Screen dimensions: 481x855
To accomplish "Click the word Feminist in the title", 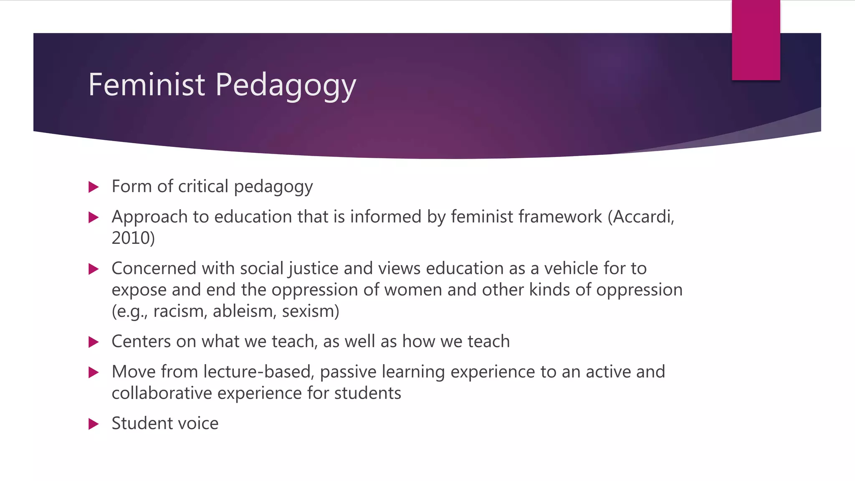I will point(147,85).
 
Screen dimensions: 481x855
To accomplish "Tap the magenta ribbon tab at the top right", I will point(756,40).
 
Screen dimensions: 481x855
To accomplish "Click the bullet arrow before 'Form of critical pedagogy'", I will point(94,187).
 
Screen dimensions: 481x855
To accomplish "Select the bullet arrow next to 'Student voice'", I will point(94,424).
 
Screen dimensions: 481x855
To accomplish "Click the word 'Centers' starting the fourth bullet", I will point(141,342).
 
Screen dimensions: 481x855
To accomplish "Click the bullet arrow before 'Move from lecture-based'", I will point(94,372).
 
